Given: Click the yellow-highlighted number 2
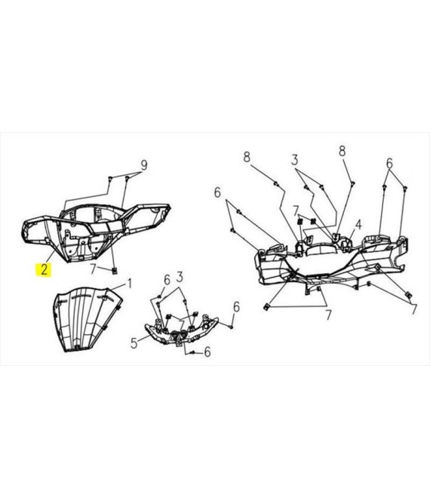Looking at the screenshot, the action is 44,269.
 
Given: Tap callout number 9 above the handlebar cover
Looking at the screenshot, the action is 144,165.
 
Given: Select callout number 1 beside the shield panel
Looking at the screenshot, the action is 129,283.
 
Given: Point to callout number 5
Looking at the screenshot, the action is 134,343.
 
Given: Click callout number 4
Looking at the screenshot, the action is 358,225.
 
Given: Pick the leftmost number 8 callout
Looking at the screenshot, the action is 247,157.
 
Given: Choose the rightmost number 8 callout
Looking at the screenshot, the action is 342,151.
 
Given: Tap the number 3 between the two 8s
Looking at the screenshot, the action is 295,160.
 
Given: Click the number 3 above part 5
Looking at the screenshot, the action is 180,277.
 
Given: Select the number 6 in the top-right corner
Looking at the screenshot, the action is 389,164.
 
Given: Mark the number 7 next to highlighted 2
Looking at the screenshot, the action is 93,269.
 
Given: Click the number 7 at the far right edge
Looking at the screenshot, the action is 413,309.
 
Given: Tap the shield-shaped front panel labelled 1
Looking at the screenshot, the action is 87,319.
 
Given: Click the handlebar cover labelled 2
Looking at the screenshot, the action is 95,232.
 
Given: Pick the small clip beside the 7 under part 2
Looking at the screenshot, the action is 115,271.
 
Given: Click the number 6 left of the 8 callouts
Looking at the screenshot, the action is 217,192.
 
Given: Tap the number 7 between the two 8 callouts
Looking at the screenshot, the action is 296,211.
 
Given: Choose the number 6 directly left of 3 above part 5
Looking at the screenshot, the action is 167,280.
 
